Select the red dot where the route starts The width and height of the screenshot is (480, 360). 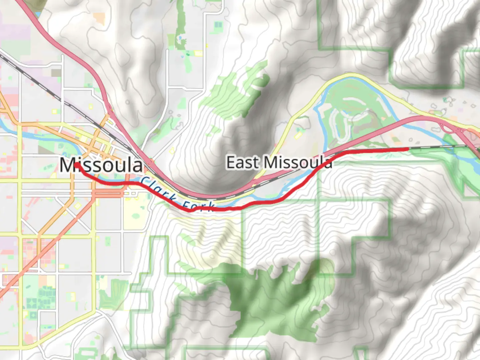[x=77, y=165]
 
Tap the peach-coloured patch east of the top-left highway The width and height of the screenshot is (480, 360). [x=99, y=18]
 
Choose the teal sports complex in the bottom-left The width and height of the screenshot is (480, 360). [x=43, y=297]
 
